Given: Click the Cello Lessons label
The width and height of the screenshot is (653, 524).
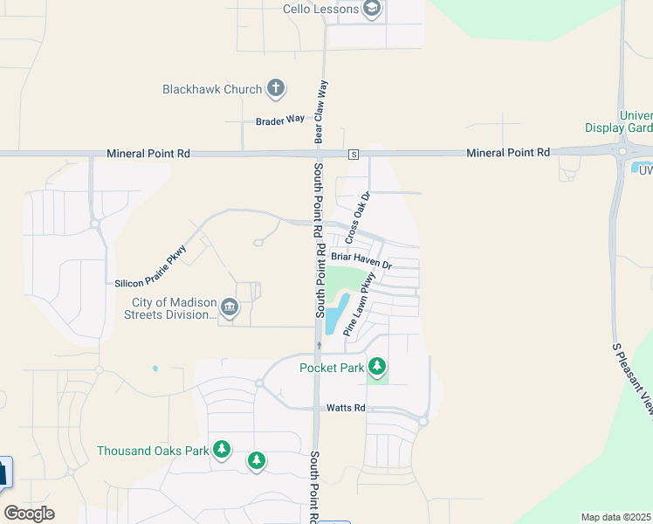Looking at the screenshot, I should pyautogui.click(x=320, y=9).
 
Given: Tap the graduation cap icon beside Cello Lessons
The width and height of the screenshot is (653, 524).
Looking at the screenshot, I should pyautogui.click(x=373, y=10).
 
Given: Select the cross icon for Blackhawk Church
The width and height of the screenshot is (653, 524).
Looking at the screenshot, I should pyautogui.click(x=276, y=87).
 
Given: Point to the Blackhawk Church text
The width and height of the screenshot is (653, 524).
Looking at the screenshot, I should pyautogui.click(x=212, y=89).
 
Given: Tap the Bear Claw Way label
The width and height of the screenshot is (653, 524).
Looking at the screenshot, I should pyautogui.click(x=320, y=112).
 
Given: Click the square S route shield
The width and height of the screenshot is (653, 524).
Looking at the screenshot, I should pyautogui.click(x=354, y=155).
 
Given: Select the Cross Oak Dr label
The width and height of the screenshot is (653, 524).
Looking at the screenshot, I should pyautogui.click(x=358, y=217).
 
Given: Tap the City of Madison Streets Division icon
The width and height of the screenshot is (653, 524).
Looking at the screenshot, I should pyautogui.click(x=229, y=307).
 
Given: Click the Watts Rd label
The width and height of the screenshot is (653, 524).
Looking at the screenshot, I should pyautogui.click(x=346, y=408).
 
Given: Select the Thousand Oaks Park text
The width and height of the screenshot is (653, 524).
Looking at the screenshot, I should pyautogui.click(x=153, y=451).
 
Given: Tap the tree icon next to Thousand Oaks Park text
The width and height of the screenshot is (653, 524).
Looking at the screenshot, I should pyautogui.click(x=222, y=449).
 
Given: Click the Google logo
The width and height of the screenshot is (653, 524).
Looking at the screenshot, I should pyautogui.click(x=29, y=514).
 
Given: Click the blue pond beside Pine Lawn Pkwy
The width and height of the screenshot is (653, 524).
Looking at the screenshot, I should pyautogui.click(x=336, y=314).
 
